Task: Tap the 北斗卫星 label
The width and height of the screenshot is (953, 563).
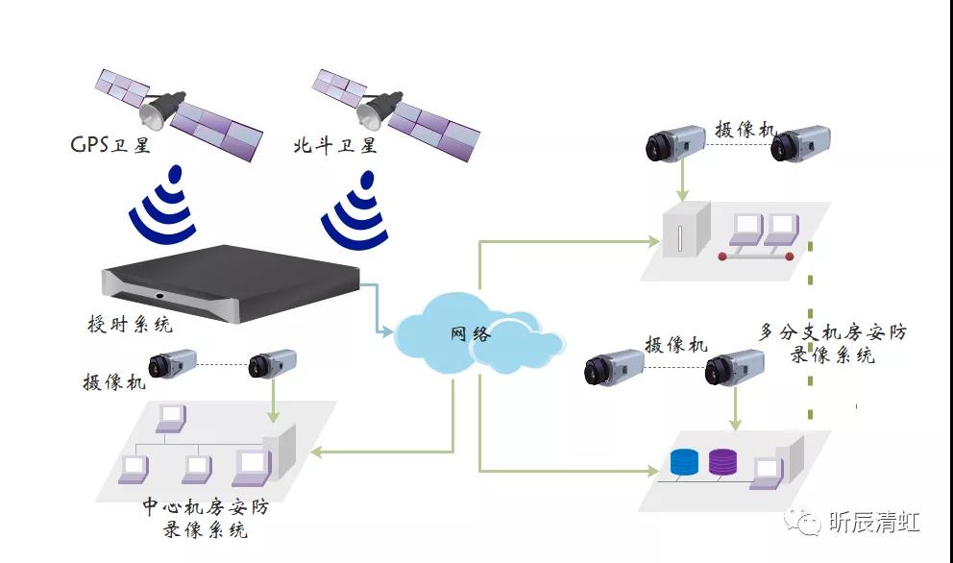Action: click(x=335, y=145)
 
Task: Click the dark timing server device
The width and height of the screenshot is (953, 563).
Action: click(x=232, y=280)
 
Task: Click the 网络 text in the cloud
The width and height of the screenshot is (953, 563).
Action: click(x=471, y=334)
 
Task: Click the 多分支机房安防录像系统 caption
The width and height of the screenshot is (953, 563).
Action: click(x=832, y=343)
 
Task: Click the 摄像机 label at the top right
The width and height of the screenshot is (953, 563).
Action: click(x=745, y=129)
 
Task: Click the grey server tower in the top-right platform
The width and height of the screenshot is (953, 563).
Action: click(x=685, y=232)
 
